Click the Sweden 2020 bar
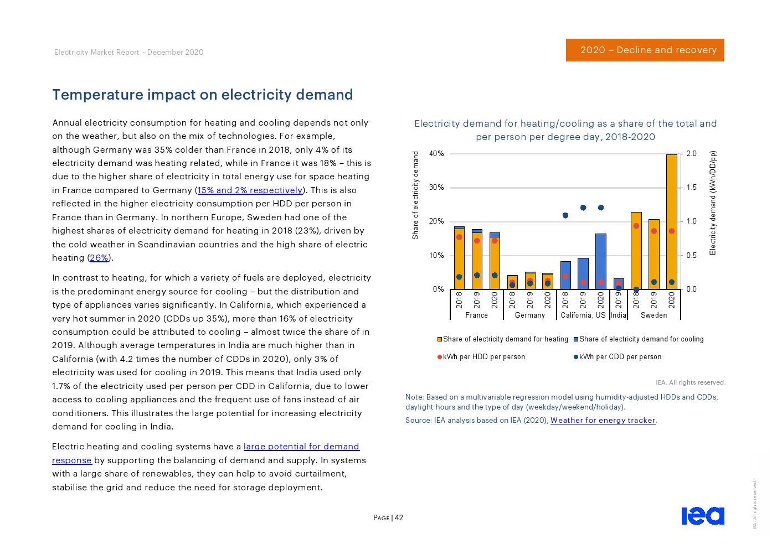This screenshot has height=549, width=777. (671, 221)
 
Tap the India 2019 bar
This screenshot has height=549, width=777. (619, 284)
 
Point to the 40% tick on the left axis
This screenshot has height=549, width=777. (436, 154)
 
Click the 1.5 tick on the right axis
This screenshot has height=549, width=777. (691, 188)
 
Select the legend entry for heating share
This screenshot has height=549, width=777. (502, 339)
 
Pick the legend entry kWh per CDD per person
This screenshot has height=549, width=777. (618, 357)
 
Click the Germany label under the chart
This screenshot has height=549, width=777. (529, 315)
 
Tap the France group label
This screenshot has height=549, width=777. (476, 315)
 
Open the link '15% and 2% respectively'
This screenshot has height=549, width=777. (250, 190)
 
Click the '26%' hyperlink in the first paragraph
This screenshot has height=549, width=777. (99, 258)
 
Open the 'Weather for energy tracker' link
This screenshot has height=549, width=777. (603, 421)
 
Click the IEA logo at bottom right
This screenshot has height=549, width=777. (702, 516)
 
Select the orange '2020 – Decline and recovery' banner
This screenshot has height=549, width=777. (645, 50)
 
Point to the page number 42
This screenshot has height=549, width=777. (399, 518)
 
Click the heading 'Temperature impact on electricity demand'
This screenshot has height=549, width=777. (203, 95)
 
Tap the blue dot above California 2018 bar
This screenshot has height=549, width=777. (565, 215)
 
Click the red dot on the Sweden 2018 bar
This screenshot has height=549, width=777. (636, 226)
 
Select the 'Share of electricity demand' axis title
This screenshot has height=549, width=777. (415, 195)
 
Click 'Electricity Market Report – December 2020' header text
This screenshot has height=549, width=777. (128, 53)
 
